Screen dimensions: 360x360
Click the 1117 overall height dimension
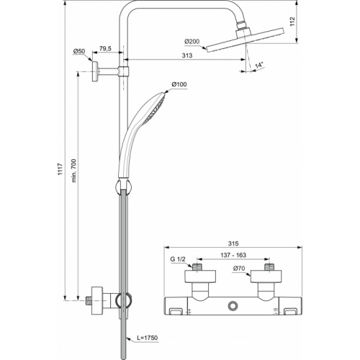(x=62, y=167)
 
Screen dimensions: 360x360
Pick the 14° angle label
(x=258, y=66)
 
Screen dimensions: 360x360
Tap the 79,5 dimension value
(x=105, y=49)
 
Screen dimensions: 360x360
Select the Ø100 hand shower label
(x=179, y=86)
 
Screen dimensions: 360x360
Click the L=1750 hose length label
(x=147, y=338)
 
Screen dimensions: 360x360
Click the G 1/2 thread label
(x=177, y=258)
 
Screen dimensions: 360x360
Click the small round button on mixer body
(x=232, y=307)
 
